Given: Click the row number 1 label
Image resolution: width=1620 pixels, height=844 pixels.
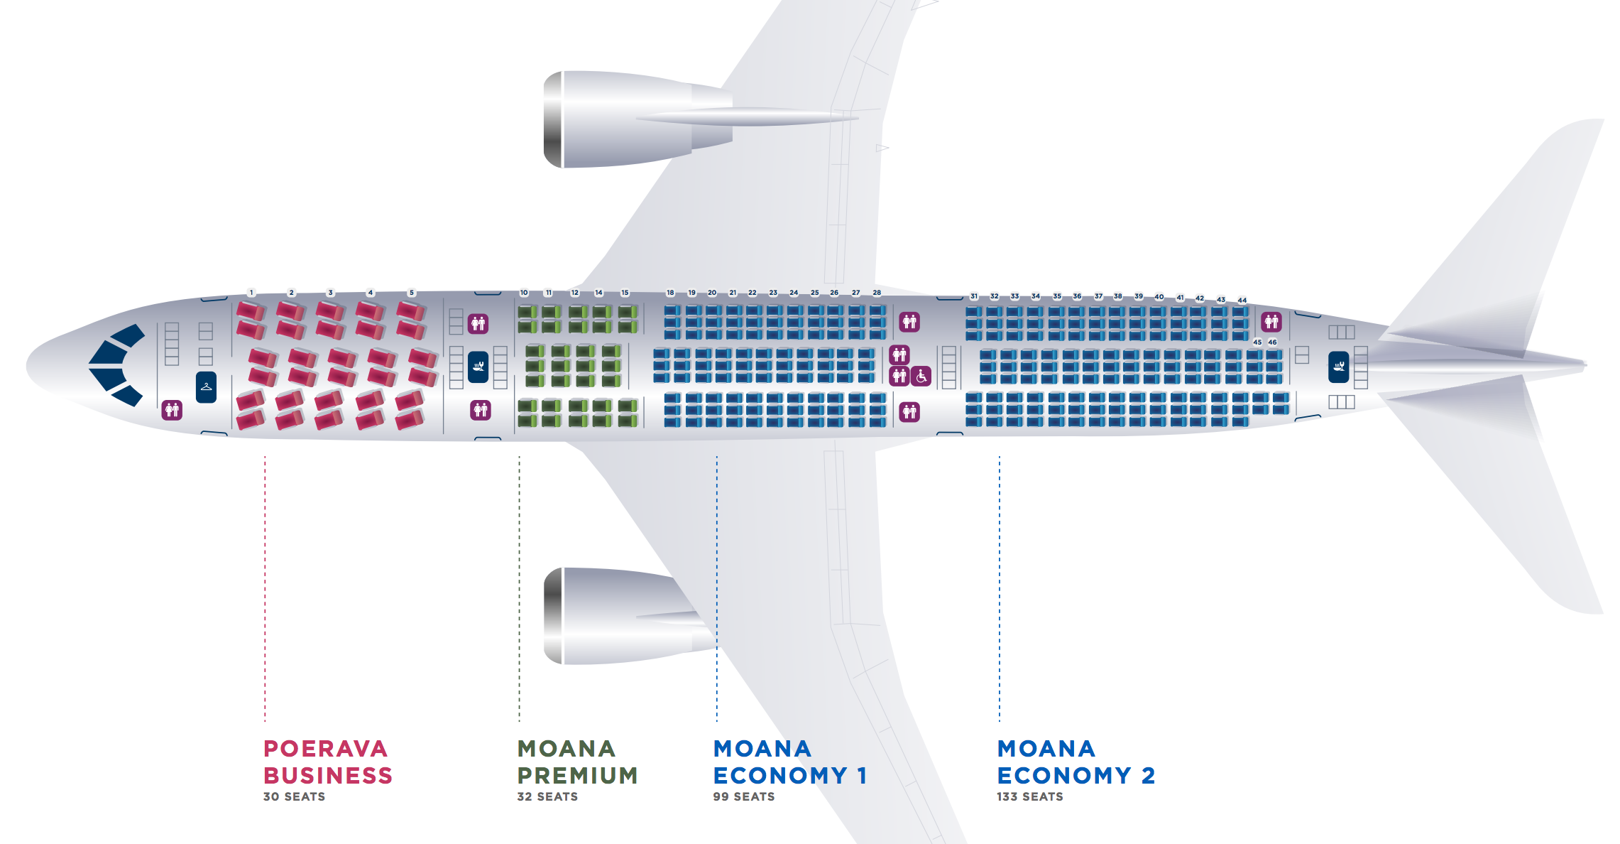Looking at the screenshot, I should click(251, 293).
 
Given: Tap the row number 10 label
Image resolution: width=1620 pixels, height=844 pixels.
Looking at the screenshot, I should click(524, 293).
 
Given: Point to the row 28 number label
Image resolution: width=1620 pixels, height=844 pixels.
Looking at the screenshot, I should click(877, 293).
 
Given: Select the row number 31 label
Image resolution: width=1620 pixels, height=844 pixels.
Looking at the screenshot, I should click(974, 296).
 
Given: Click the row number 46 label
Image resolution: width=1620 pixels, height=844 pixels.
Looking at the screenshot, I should click(1272, 342).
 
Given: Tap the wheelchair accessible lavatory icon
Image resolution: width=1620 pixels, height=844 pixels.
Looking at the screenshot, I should click(921, 376).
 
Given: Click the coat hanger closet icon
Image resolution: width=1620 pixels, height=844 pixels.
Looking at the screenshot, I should click(206, 387).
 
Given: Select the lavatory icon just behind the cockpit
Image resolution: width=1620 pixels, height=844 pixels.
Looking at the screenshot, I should click(172, 410).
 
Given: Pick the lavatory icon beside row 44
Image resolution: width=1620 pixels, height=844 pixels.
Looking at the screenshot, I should click(1271, 322).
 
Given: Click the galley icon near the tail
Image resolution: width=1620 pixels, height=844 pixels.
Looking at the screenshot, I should click(1338, 367).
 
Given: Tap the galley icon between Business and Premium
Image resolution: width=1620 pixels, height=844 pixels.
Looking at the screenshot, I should click(478, 367).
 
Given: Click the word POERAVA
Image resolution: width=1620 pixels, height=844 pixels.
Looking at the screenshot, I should click(325, 749).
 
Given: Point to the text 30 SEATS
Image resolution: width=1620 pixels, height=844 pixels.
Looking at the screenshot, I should click(294, 797).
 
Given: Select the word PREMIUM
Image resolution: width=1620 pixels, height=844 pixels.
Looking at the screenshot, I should click(577, 776).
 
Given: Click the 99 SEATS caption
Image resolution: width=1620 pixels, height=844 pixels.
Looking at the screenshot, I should click(743, 797).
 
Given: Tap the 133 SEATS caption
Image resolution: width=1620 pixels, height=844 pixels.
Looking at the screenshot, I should click(1029, 797).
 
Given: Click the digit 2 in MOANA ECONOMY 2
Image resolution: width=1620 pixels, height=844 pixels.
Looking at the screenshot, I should click(1148, 776).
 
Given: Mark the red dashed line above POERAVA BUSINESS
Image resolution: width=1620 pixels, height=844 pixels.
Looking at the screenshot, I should click(266, 590).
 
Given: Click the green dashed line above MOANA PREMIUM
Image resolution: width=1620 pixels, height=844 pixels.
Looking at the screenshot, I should click(520, 590).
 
